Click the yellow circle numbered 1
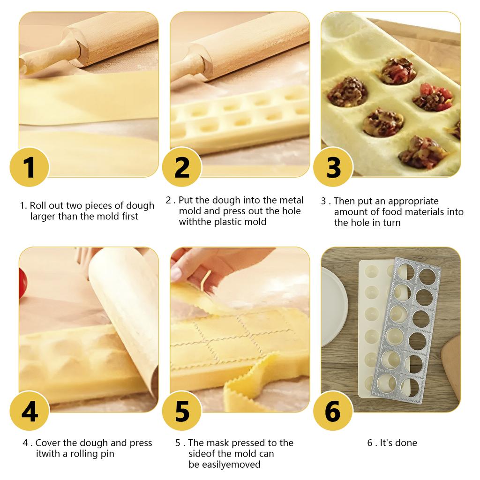point(29,167)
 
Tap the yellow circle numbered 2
point(182,167)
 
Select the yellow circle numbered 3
point(333,167)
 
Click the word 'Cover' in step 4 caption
point(48,443)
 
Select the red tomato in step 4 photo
point(22,284)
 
